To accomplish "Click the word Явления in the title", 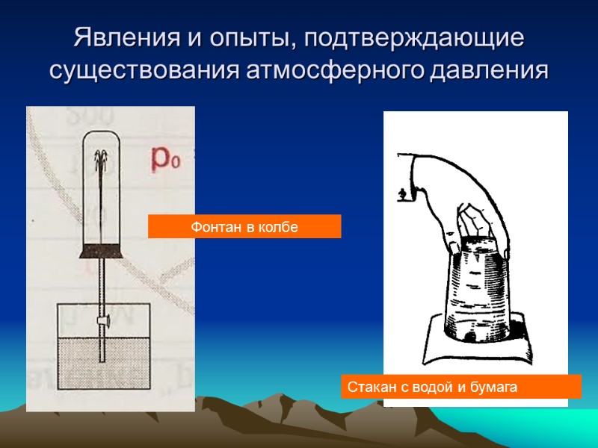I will pos(122,37).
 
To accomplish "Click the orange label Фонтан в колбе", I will pos(244,227).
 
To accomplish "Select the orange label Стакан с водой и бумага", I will pos(460,387).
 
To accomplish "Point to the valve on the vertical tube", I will pos(102,321).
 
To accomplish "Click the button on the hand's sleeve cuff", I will pos(402,193).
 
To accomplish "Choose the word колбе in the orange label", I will pos(279,227).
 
